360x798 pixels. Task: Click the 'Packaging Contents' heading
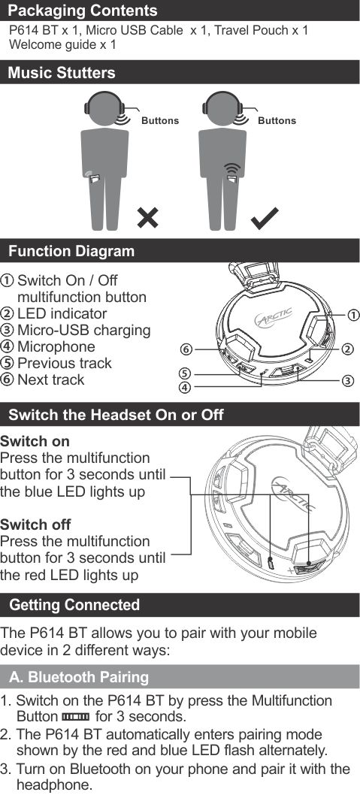(x=83, y=11)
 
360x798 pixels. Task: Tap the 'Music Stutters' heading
(x=62, y=72)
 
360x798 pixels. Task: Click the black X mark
(x=147, y=218)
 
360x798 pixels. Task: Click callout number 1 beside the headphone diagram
(x=354, y=315)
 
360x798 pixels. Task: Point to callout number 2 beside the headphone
(x=347, y=349)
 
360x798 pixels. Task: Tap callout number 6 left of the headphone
(x=186, y=349)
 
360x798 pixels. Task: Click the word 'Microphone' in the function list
(x=56, y=346)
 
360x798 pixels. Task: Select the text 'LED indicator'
(x=62, y=313)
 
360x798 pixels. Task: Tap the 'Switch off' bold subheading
(x=35, y=524)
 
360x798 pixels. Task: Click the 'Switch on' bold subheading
(x=35, y=441)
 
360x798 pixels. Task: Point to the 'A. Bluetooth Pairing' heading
(x=79, y=677)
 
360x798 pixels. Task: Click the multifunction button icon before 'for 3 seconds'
(x=75, y=717)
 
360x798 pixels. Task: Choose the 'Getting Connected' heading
(x=74, y=605)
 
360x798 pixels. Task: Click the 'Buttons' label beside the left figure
(x=160, y=121)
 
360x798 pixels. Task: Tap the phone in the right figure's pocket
(x=232, y=180)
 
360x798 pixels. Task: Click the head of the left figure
(x=104, y=108)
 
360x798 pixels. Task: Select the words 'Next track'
(x=51, y=379)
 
